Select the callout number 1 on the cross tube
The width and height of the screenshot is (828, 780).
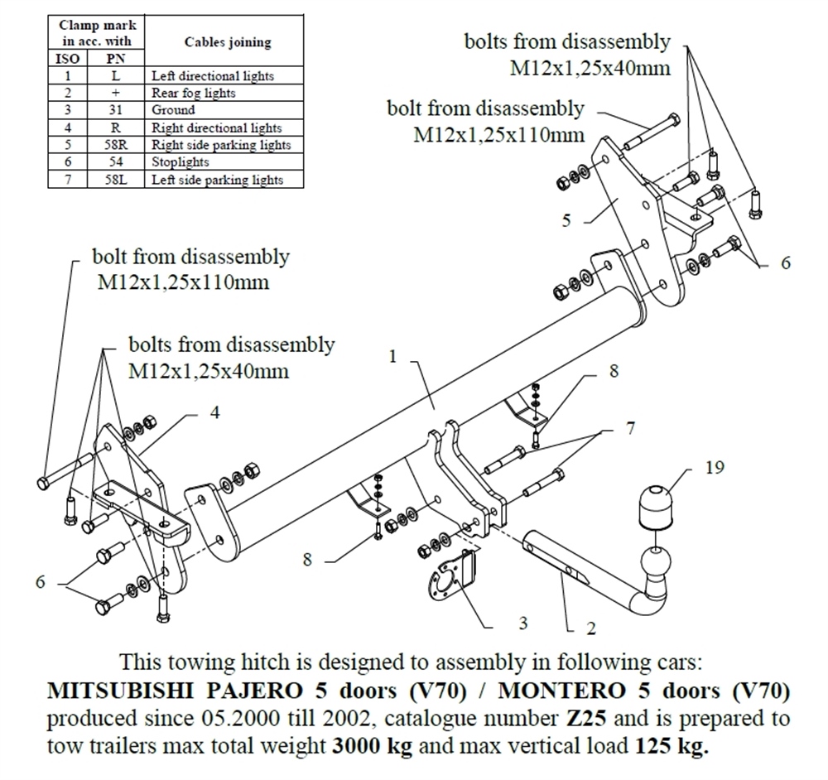tap(393, 357)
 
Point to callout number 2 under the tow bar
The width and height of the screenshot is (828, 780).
tap(590, 628)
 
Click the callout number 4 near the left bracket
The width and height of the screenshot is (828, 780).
tap(214, 412)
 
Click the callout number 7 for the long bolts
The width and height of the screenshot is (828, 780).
tap(630, 429)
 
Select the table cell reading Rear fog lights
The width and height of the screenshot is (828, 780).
tap(193, 93)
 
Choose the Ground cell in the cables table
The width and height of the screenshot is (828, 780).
tap(173, 110)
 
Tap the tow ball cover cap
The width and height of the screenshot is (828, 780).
tap(657, 504)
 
